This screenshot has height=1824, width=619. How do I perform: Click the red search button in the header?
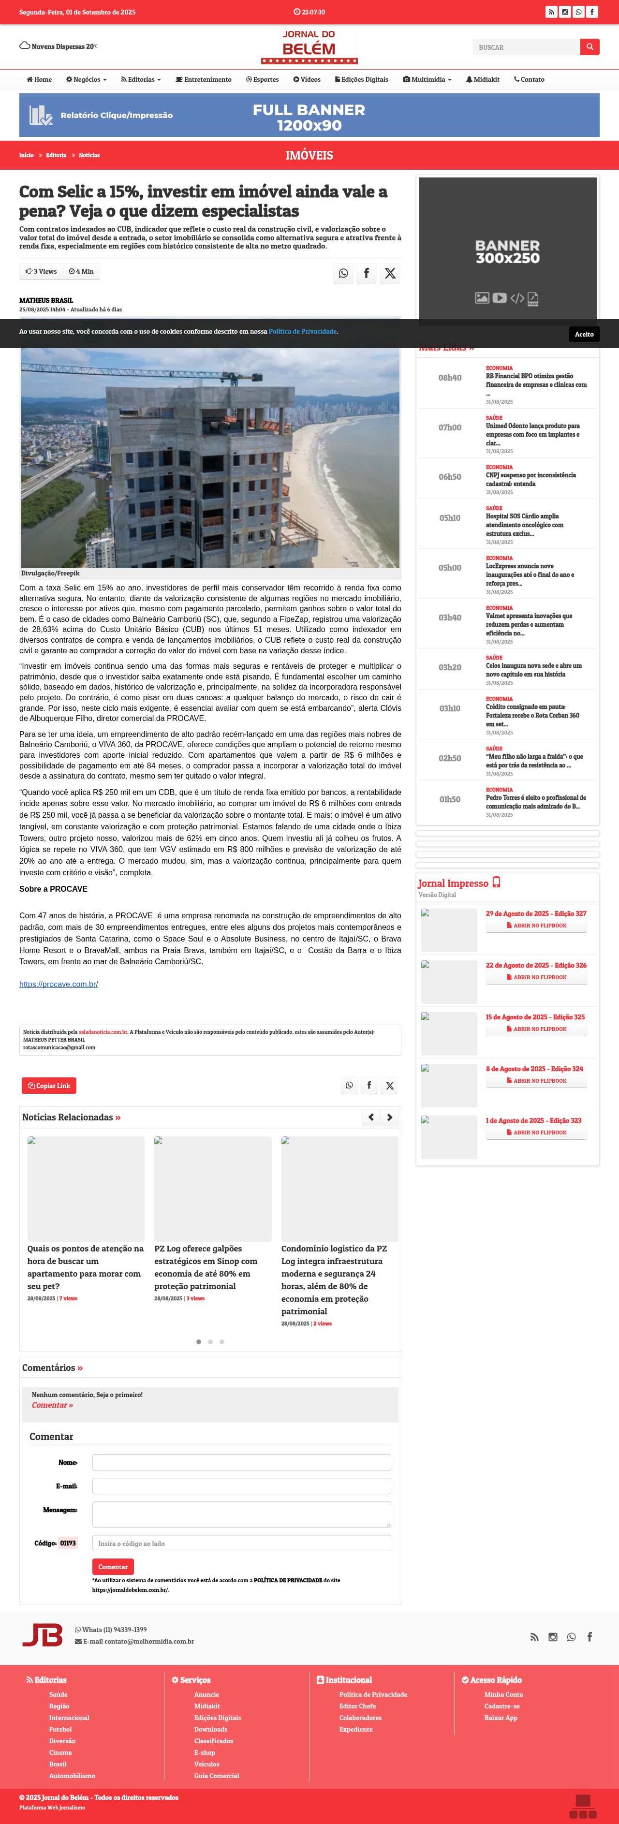[589, 47]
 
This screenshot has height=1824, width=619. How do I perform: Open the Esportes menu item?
[262, 79]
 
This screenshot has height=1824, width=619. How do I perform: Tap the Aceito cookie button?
[584, 334]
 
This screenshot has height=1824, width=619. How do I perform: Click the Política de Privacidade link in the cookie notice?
[302, 331]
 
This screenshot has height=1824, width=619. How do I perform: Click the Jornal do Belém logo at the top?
[309, 47]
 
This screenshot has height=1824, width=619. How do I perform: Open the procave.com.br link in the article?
[59, 984]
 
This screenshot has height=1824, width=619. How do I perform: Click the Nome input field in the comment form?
[241, 1462]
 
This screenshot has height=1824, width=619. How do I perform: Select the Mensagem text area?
[241, 1514]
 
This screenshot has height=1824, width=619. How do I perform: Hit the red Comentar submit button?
[113, 1567]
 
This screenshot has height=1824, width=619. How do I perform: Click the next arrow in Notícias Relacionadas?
[389, 1118]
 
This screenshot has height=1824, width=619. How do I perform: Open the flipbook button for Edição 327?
[536, 926]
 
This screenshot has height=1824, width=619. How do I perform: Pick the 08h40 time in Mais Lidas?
[450, 378]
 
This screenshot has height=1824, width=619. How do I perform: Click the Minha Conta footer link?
[503, 1694]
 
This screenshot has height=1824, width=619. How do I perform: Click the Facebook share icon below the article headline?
[366, 273]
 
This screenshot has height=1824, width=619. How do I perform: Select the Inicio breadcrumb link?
[26, 155]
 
